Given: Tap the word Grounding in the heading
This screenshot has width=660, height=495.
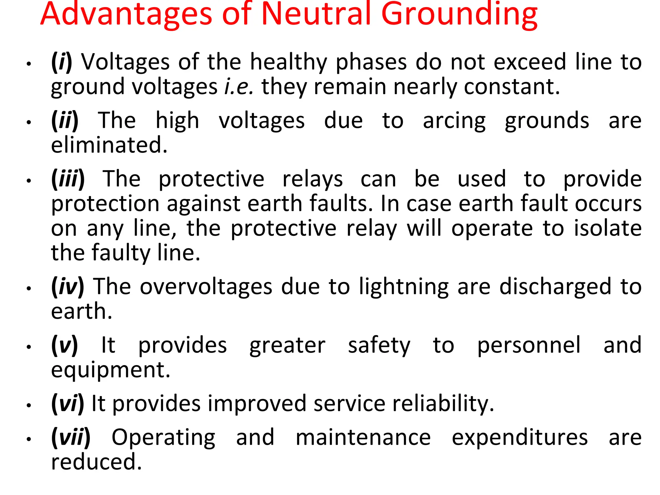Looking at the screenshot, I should tap(459, 15).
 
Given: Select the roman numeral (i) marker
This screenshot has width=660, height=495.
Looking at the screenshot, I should tap(62, 62).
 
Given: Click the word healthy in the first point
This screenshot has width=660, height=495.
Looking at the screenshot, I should tap(288, 62).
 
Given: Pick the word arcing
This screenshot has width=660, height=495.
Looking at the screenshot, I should tap(454, 121).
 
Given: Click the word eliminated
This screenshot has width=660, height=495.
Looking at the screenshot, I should tap(109, 145).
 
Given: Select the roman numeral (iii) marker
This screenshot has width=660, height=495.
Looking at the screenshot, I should tap(68, 179).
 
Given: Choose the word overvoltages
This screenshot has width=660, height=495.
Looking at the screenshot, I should tap(206, 286).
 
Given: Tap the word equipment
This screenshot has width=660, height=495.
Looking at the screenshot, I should tap(111, 370).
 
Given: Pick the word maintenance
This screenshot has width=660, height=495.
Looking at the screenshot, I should tap(363, 438).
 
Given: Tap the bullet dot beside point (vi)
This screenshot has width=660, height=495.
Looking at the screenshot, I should tap(29, 405).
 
